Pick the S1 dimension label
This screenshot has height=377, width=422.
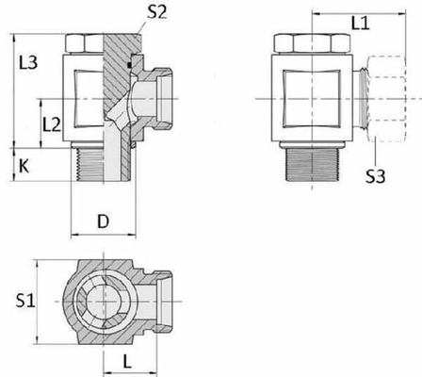pos(26,302)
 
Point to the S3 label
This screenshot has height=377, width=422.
pos(376,174)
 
